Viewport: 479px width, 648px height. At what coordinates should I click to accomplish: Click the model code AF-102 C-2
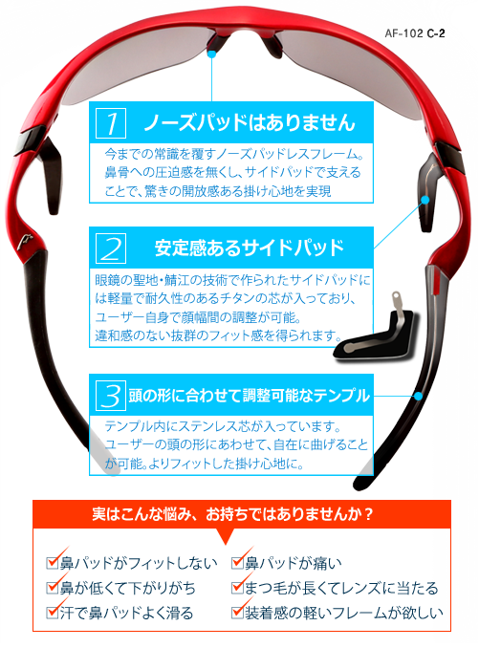(415, 33)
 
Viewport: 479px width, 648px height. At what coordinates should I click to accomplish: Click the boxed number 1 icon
(111, 123)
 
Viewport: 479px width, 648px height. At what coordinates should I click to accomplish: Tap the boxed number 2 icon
(111, 248)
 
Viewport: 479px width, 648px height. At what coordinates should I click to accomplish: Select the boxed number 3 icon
(111, 396)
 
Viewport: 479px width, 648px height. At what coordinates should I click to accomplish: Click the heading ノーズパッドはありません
(250, 122)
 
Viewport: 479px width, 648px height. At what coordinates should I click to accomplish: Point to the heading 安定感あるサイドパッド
(250, 248)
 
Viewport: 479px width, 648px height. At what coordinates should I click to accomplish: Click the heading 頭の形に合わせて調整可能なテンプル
(249, 396)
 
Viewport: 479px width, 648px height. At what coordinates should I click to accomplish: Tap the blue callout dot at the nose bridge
(212, 54)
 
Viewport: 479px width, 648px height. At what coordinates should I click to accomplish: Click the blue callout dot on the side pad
(425, 200)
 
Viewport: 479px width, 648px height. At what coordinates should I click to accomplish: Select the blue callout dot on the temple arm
(418, 396)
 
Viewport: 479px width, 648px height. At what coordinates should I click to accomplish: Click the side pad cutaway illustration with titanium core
(376, 331)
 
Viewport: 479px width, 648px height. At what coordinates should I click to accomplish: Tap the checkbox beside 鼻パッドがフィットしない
(52, 562)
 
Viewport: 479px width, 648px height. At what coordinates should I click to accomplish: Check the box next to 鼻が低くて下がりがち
(52, 587)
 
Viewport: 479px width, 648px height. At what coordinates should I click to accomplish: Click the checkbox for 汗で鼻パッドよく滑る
(52, 612)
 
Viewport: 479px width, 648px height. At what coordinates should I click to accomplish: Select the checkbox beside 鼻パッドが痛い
(237, 562)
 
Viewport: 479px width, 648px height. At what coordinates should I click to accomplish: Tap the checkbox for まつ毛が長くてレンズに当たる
(237, 587)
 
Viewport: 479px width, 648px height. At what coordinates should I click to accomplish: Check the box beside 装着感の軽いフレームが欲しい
(237, 612)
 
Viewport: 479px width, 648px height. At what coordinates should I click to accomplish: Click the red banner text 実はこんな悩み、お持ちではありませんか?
(232, 514)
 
